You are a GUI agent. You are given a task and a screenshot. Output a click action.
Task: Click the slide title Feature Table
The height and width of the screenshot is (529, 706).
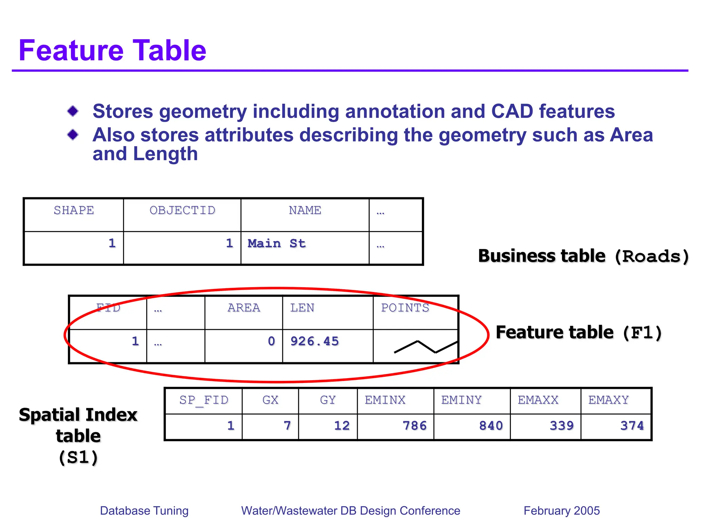pyautogui.click(x=112, y=51)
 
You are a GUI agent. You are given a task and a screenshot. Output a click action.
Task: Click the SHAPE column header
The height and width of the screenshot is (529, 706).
pyautogui.click(x=74, y=210)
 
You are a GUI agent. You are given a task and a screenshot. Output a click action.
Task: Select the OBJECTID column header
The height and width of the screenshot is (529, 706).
pyautogui.click(x=182, y=210)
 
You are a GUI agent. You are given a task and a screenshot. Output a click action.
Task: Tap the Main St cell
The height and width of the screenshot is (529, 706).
pyautogui.click(x=276, y=243)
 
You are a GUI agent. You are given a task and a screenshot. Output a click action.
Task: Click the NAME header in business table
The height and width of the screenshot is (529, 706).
pyautogui.click(x=305, y=210)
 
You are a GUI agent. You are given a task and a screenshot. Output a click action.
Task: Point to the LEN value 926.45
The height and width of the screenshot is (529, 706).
pyautogui.click(x=314, y=341)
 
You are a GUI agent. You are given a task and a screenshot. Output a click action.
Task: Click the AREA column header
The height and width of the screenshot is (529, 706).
pyautogui.click(x=244, y=308)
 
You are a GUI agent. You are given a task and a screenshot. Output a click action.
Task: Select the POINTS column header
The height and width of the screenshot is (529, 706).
pyautogui.click(x=405, y=308)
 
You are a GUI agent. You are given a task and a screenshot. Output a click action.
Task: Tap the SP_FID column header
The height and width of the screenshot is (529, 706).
pyautogui.click(x=204, y=400)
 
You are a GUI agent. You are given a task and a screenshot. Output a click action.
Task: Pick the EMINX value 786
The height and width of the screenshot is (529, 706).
pyautogui.click(x=414, y=426)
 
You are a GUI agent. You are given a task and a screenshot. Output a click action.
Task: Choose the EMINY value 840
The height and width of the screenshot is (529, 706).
pyautogui.click(x=491, y=426)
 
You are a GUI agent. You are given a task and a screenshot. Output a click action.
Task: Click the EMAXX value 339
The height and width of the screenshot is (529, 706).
pyautogui.click(x=562, y=426)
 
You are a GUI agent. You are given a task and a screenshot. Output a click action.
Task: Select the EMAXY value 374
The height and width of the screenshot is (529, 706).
pyautogui.click(x=632, y=426)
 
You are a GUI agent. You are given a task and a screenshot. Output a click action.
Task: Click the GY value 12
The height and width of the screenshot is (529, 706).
pyautogui.click(x=342, y=426)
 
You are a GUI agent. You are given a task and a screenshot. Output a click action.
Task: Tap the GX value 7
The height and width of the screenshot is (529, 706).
pyautogui.click(x=287, y=426)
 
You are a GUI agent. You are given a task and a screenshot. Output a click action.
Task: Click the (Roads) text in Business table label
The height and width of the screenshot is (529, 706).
pyautogui.click(x=652, y=257)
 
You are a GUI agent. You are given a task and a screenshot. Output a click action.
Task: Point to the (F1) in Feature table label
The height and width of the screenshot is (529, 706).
pyautogui.click(x=642, y=333)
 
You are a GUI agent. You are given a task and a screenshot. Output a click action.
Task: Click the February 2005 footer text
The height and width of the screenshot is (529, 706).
pyautogui.click(x=562, y=510)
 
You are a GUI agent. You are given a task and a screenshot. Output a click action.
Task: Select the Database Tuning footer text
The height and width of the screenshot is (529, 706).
pyautogui.click(x=144, y=510)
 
